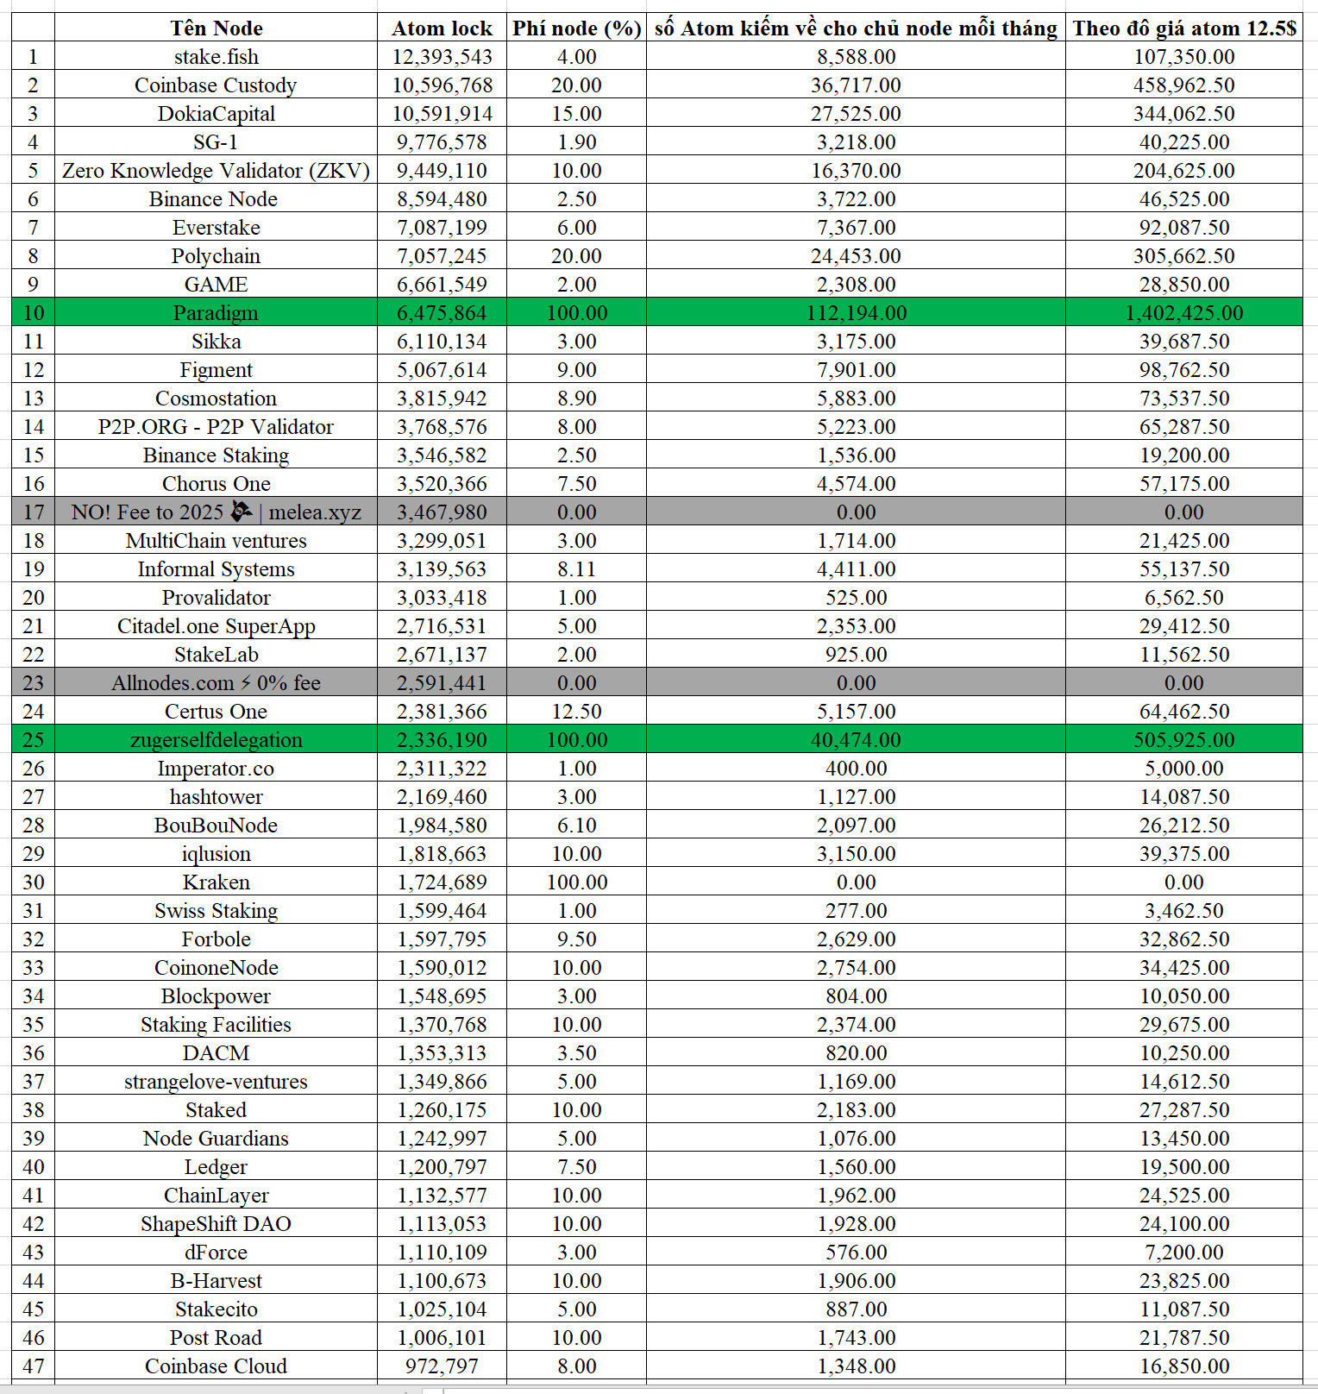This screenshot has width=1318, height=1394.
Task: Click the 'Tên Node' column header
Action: point(216,28)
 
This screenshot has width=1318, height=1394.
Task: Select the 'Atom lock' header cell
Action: point(442,28)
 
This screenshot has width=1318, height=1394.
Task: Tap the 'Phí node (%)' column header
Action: point(576,28)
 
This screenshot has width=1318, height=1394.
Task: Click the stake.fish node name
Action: point(216,57)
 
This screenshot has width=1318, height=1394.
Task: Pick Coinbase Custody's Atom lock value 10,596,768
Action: point(442,85)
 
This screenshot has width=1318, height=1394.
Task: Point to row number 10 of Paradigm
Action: point(33,312)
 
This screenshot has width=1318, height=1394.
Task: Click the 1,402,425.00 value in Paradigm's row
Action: point(1183,312)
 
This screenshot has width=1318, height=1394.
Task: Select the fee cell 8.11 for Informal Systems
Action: point(576,569)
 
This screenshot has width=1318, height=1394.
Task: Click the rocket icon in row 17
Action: point(242,512)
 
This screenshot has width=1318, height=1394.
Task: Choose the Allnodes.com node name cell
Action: point(216,683)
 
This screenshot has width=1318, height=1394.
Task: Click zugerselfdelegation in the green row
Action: point(216,740)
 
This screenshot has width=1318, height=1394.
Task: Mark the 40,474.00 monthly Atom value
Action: point(856,740)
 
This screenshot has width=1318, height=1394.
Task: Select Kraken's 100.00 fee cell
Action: point(576,882)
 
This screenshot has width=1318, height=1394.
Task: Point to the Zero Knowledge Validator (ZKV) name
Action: point(216,171)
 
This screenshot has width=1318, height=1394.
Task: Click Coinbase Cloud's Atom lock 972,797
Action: point(442,1366)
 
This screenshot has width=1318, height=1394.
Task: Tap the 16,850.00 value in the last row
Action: point(1183,1366)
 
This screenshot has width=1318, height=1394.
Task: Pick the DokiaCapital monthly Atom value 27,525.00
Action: point(856,114)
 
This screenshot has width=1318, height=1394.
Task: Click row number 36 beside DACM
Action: point(33,1053)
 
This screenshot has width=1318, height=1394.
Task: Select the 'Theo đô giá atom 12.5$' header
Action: point(1183,28)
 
